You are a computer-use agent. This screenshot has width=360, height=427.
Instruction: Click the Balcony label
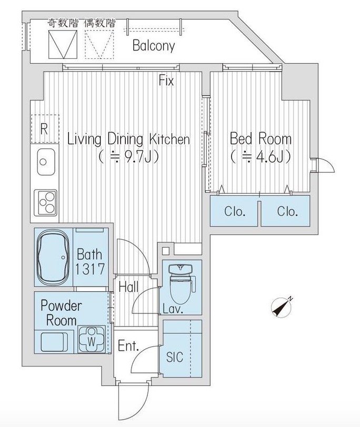click(x=154, y=46)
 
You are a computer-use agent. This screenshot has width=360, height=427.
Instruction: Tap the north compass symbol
click(x=282, y=307)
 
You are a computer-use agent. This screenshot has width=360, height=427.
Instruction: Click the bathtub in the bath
click(x=53, y=257)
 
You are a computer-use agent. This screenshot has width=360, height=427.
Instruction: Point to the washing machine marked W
click(x=92, y=339)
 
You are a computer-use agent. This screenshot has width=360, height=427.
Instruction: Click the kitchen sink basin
click(x=46, y=162)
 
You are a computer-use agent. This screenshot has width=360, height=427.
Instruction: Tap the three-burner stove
click(x=46, y=202)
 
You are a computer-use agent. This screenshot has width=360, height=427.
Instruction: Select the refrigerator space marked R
click(x=44, y=129)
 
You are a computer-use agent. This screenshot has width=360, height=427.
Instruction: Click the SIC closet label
click(x=175, y=357)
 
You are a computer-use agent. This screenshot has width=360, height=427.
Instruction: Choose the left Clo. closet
click(x=234, y=211)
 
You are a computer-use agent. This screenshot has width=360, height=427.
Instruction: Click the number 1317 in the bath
click(x=89, y=269)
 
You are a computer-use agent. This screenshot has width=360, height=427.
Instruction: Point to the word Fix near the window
click(x=166, y=80)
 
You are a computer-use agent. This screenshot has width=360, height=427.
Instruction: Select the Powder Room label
click(x=61, y=313)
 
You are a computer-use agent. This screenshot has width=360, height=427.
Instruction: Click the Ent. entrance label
click(x=128, y=346)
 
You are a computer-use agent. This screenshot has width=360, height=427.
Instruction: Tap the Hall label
click(x=128, y=287)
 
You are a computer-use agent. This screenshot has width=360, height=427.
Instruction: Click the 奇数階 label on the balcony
click(x=63, y=23)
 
